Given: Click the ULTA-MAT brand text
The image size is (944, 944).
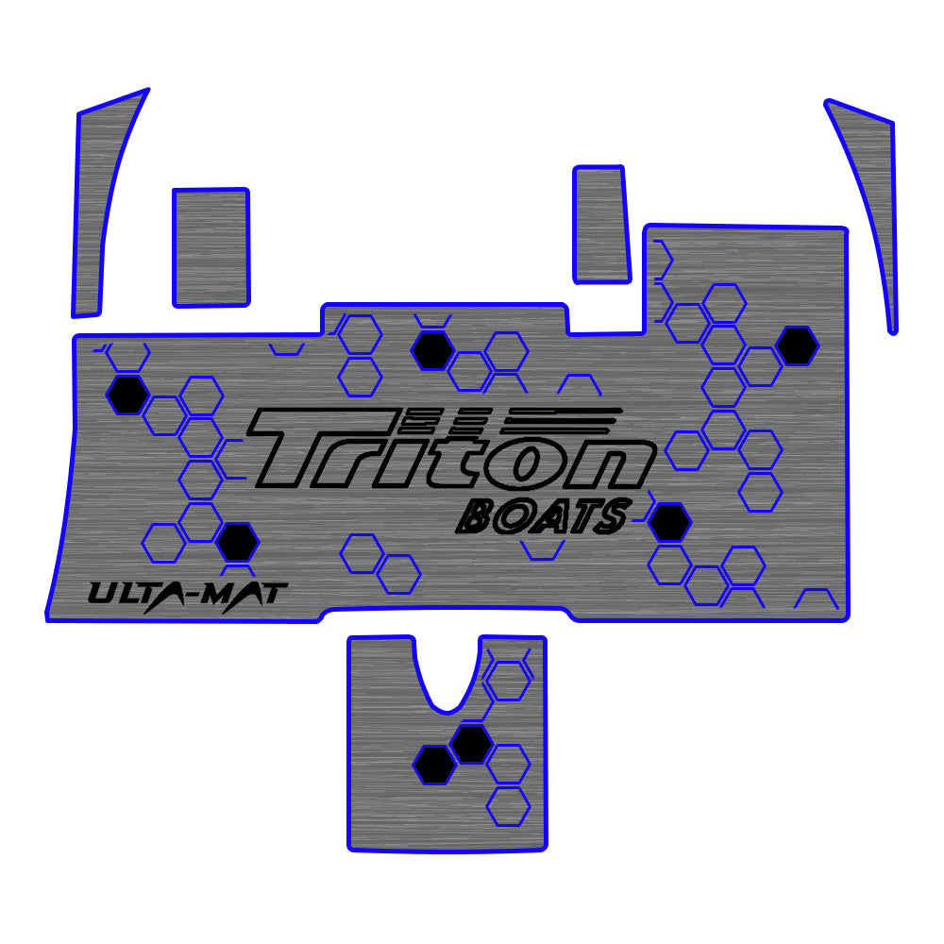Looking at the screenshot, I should pyautogui.click(x=188, y=595).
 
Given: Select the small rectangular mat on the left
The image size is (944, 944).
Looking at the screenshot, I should pyautogui.click(x=211, y=247).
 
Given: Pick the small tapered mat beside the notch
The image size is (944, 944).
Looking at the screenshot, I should pyautogui.click(x=600, y=225).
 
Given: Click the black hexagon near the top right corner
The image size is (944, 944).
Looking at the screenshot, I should pyautogui.click(x=798, y=346).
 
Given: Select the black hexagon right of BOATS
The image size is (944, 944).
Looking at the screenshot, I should pyautogui.click(x=669, y=523).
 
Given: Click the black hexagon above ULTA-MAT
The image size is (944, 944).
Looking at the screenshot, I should pyautogui.click(x=236, y=542).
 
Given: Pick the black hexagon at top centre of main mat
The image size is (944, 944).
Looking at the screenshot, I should pyautogui.click(x=433, y=351).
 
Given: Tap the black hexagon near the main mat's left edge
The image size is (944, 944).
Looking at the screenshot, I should pyautogui.click(x=126, y=395).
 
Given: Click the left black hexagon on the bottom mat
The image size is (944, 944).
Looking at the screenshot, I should pyautogui.click(x=435, y=765).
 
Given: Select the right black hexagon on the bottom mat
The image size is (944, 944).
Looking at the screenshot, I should pyautogui.click(x=471, y=745).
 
